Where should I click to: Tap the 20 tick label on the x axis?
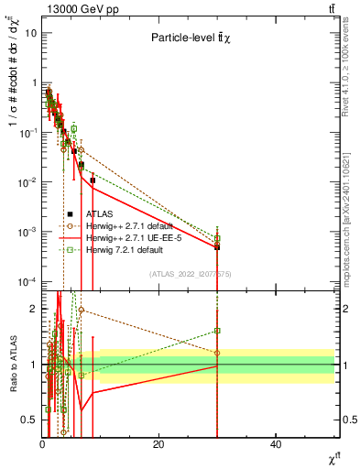[x=158, y=444]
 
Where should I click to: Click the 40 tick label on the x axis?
[x=276, y=444]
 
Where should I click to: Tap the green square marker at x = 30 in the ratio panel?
[x=217, y=331]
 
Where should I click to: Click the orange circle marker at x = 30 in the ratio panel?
[x=217, y=353]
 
